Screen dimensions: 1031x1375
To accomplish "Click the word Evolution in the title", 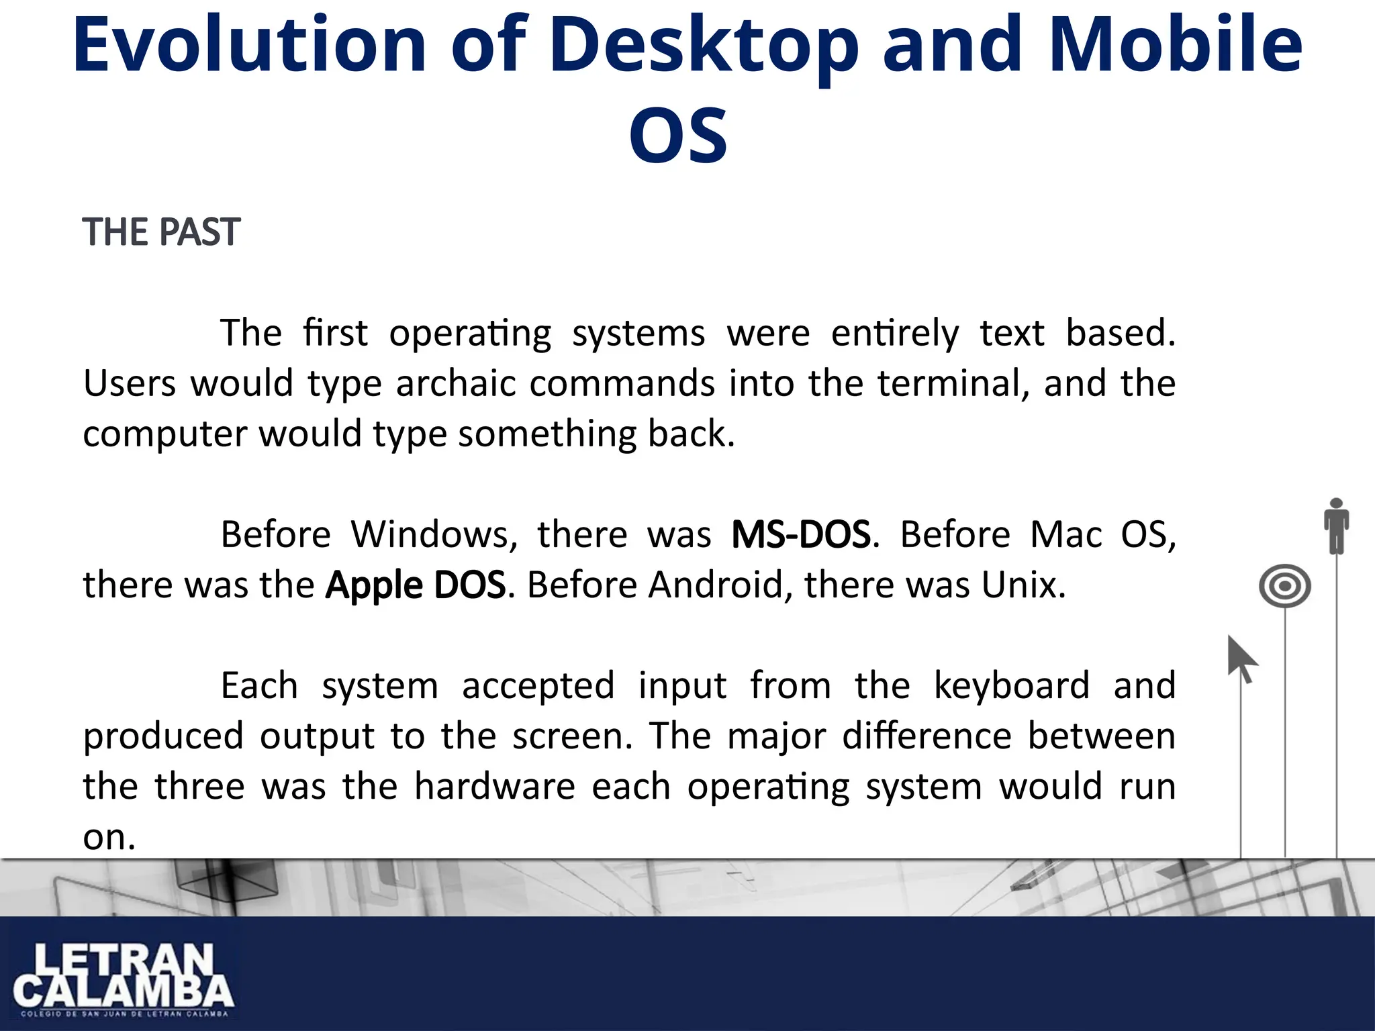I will pos(249,45).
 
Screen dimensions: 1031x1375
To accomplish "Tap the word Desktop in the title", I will pos(704,45).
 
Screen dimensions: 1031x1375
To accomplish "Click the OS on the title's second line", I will pos(678,136).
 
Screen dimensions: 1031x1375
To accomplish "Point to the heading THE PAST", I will pos(161,232).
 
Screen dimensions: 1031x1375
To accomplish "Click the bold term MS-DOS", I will pos(801,535).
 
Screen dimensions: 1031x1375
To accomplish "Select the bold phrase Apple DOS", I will pos(415,585).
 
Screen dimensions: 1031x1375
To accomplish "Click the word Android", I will pos(716,585).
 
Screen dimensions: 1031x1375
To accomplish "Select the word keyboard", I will pos(1012,686).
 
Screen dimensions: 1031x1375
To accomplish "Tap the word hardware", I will pos(495,787).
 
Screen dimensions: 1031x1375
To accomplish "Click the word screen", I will pos(571,736).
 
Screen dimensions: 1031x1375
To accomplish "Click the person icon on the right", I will pos(1336,526).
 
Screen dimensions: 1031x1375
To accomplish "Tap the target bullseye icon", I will pos(1284,586).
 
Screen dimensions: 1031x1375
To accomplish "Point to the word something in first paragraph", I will pos(546,434).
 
